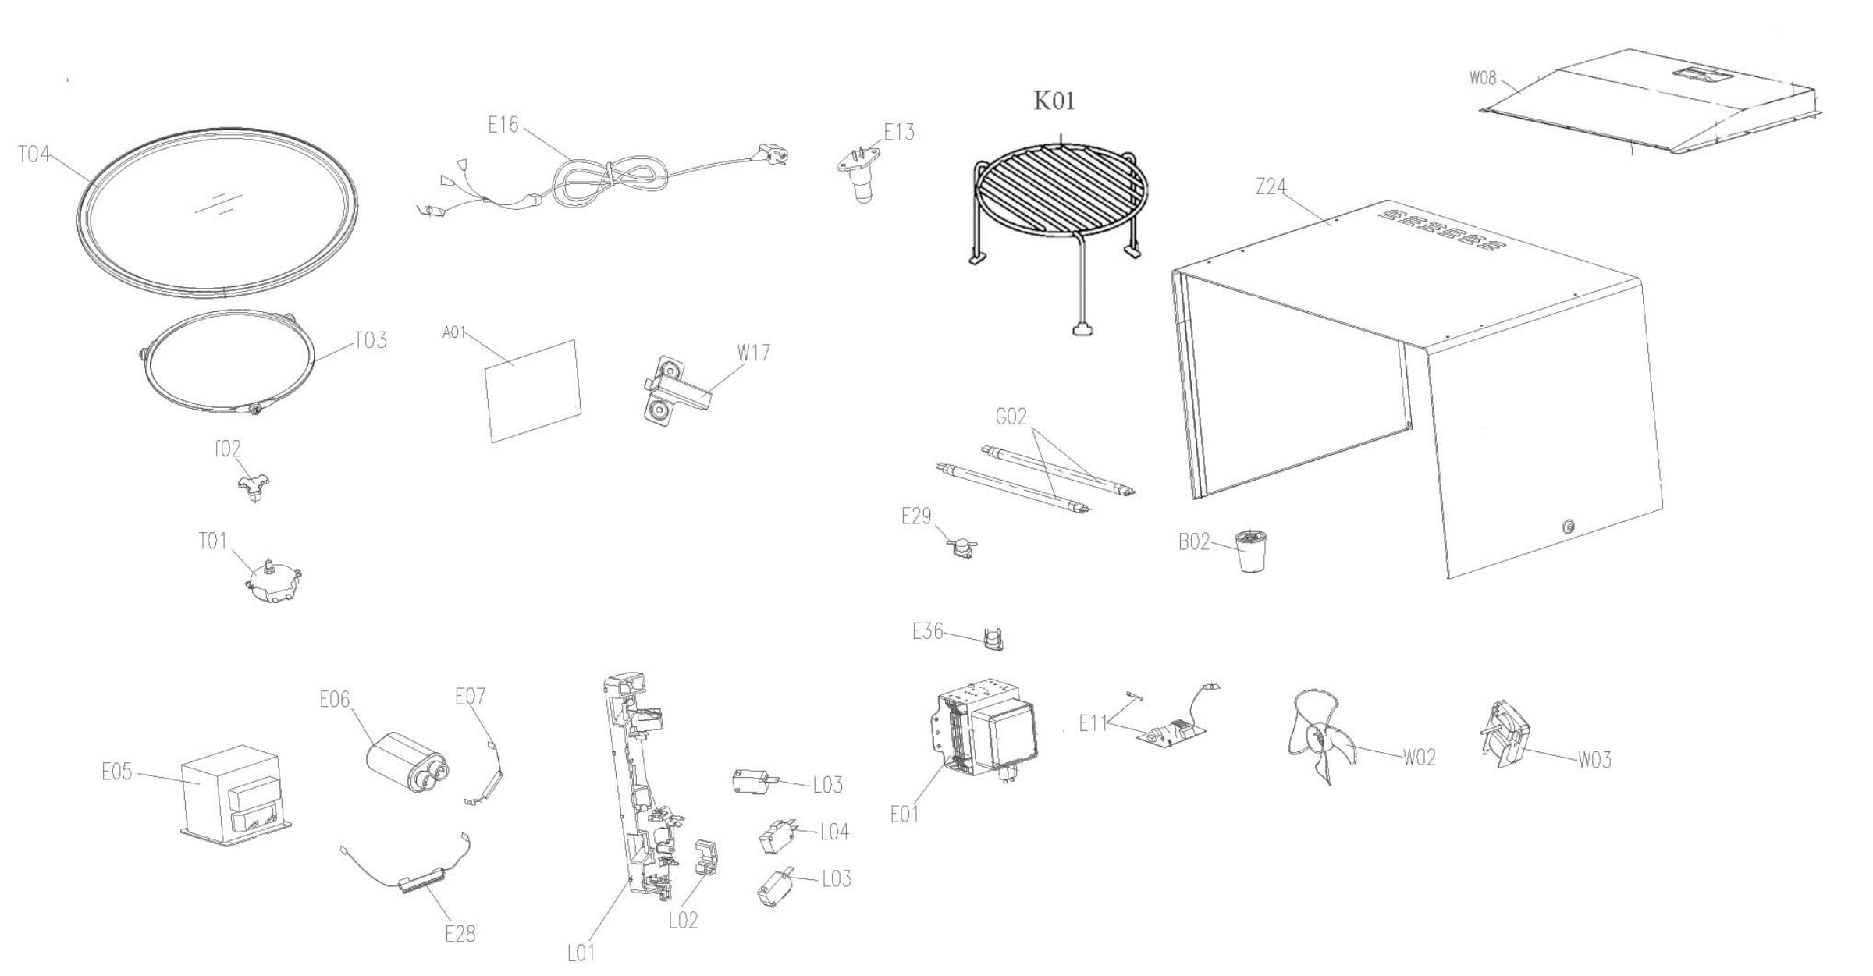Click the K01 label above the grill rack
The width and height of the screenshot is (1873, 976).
pos(1054,101)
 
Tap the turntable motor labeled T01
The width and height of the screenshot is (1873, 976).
pos(274,584)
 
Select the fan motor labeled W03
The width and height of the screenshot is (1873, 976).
pos(1502,734)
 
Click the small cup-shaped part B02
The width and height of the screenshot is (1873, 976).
pos(1251,550)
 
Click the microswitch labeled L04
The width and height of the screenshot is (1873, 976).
pos(778,837)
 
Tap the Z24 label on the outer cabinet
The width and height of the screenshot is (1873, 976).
pos(1271,187)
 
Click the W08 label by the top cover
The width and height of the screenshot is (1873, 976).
pos(1483,78)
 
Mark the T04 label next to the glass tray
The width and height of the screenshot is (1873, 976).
pos(34,154)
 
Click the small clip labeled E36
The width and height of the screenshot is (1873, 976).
pos(991,638)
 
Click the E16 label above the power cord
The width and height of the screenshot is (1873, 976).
pos(503,125)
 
